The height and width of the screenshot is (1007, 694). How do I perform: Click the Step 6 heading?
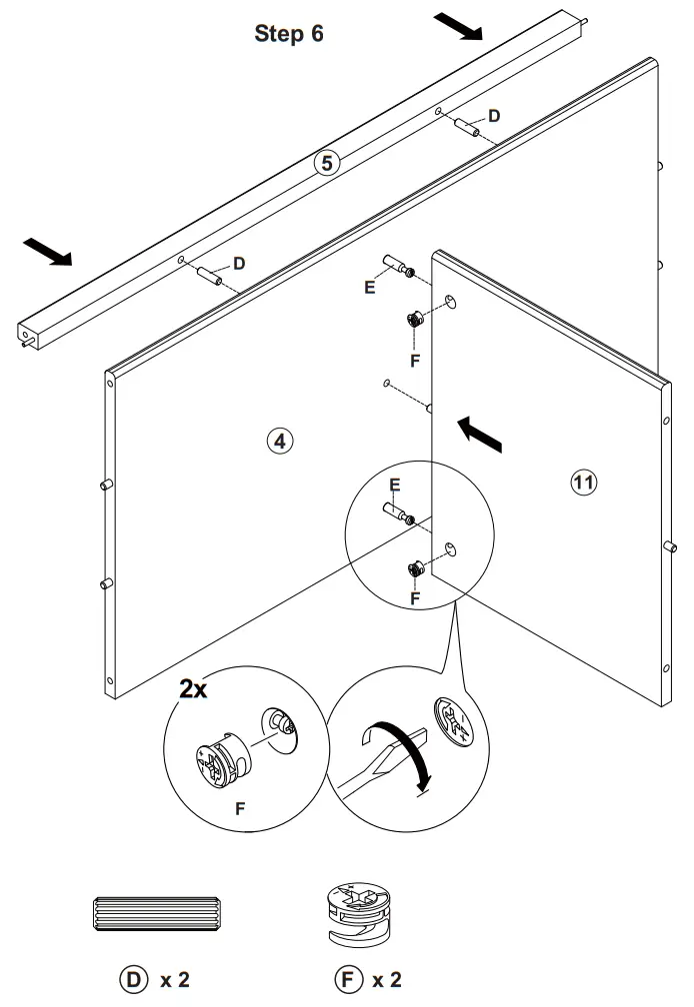(x=289, y=34)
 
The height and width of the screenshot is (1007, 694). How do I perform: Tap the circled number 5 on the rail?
(x=327, y=162)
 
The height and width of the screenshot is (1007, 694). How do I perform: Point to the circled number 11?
(x=583, y=483)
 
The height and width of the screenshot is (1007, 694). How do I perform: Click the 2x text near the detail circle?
(x=193, y=688)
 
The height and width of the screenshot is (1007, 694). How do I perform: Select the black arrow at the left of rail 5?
(x=48, y=252)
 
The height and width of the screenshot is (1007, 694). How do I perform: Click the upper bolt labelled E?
(x=397, y=267)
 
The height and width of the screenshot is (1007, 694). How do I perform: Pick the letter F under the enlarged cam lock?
(x=240, y=810)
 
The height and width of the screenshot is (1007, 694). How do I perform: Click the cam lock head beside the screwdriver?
(x=453, y=721)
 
